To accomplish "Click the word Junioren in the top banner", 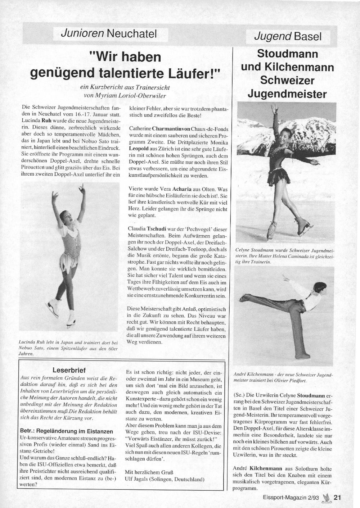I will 82,34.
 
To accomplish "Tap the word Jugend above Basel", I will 273,36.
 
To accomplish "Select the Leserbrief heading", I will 69,370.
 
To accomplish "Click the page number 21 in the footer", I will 337,498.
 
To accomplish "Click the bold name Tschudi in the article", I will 156,228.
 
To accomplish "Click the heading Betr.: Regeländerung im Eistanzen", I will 67,431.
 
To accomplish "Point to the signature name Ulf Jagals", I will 139,479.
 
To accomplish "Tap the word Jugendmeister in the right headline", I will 287,94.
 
